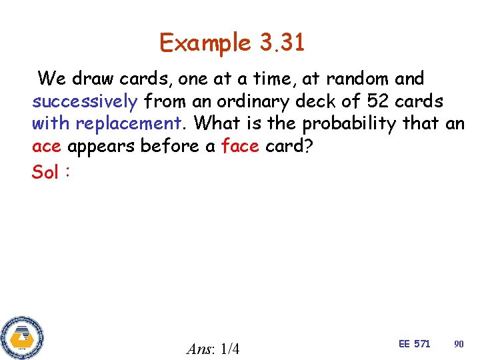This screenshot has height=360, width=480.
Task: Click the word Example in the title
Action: pos(205,43)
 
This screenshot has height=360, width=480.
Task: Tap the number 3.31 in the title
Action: pos(281,43)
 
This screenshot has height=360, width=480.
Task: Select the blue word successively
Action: pos(85,101)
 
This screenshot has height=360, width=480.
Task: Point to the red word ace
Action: pos(47,147)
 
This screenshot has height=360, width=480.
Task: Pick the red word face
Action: pos(239,147)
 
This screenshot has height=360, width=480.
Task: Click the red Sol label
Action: pos(45,171)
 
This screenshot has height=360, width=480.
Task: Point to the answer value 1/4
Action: pos(229,349)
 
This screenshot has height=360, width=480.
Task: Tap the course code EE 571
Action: pos(414,343)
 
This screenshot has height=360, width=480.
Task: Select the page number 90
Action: pos(459,343)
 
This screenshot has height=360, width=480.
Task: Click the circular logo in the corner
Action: pos(22,337)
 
